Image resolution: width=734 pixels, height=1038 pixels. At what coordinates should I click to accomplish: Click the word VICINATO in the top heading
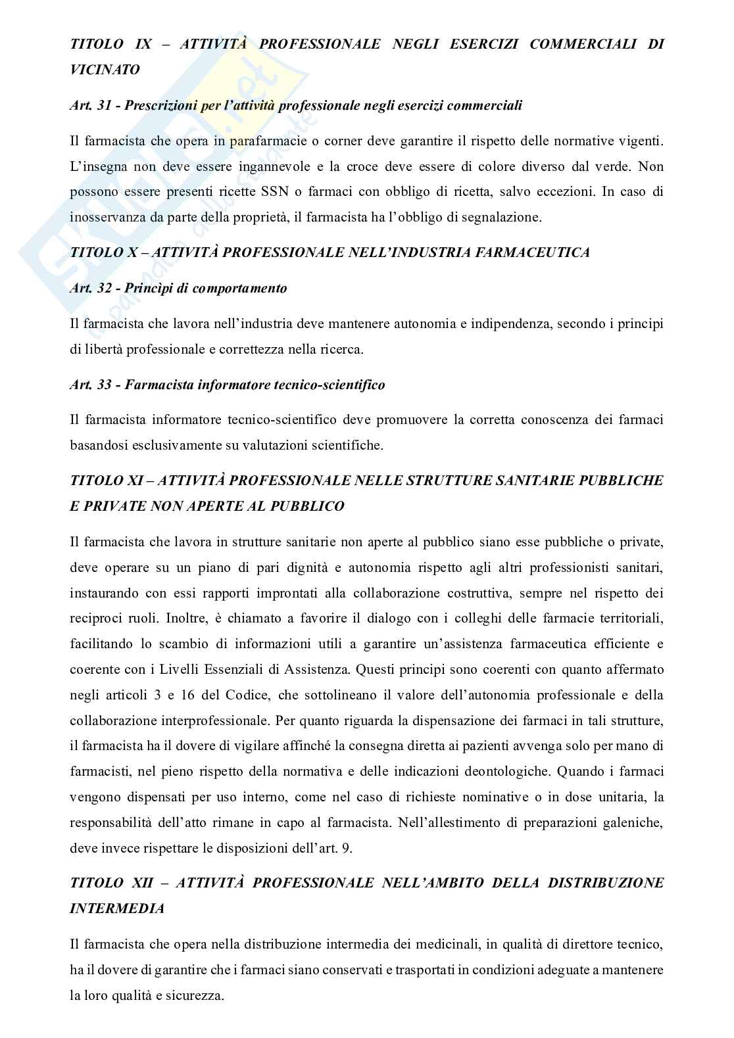(105, 69)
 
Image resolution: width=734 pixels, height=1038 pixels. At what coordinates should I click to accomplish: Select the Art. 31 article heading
(295, 105)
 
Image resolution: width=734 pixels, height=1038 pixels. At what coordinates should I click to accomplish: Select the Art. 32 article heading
(178, 288)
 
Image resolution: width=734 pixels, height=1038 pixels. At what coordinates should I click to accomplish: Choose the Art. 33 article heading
(227, 385)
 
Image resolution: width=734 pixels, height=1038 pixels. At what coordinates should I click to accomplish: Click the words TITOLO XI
(106, 481)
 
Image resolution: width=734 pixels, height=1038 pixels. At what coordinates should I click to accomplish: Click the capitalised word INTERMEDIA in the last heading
(116, 908)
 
